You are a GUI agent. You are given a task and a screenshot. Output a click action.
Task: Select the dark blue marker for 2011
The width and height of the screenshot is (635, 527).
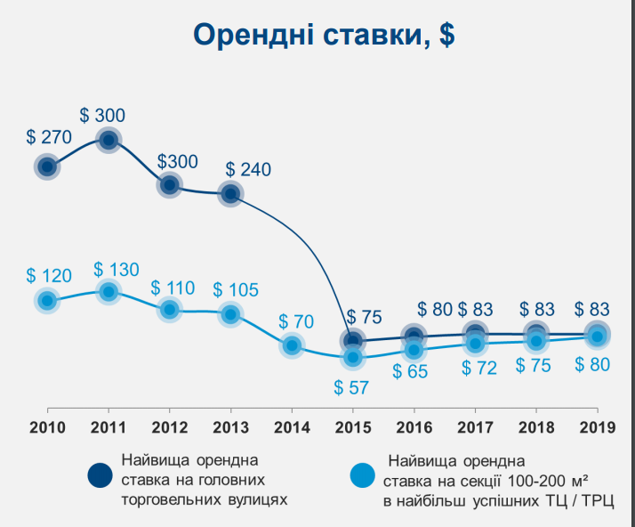[109, 140]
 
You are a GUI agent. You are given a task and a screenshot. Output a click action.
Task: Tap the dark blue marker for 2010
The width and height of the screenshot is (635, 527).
[47, 166]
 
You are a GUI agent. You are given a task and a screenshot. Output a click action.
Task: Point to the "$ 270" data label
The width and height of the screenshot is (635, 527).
[49, 138]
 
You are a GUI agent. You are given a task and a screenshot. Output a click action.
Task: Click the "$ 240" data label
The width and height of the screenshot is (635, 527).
[248, 169]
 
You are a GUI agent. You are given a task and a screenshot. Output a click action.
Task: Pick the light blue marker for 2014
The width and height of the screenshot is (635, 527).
[292, 345]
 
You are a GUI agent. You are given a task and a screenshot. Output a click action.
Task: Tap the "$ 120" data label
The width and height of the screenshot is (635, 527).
[49, 275]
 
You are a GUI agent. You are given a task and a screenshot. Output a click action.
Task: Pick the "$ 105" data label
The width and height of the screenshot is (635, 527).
[236, 289]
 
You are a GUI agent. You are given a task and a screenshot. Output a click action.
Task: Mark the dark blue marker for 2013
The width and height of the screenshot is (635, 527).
[230, 193]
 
